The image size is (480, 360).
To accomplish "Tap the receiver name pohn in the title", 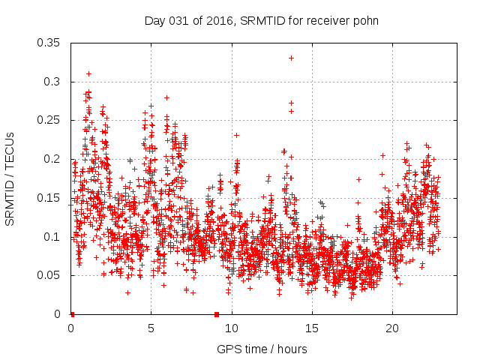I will tap(365, 20).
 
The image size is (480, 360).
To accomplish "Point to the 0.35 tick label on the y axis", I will tap(49, 43).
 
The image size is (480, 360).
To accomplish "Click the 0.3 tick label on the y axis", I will tap(52, 82).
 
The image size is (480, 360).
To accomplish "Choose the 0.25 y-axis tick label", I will tap(49, 120).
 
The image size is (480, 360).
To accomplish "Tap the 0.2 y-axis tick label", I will tap(52, 159).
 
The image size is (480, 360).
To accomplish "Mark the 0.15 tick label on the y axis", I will tap(49, 198).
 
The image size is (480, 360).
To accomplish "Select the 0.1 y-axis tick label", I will tap(52, 236).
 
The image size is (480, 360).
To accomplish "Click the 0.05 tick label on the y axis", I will tap(49, 275).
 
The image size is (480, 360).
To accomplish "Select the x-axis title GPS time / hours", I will tap(262, 349).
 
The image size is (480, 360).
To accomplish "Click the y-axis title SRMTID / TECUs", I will tap(10, 178).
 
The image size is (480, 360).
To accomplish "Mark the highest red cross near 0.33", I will tap(291, 58).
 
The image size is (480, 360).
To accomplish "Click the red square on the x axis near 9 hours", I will tap(217, 313).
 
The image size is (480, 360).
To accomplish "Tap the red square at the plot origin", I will tap(71, 313).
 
